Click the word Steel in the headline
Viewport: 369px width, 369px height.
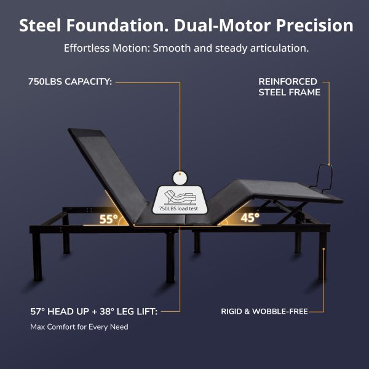tap(40, 25)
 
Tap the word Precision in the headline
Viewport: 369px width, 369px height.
tap(315, 25)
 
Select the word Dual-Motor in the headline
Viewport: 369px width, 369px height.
tap(222, 25)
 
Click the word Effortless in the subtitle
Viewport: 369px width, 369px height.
tap(87, 48)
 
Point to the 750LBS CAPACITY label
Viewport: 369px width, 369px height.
tap(70, 82)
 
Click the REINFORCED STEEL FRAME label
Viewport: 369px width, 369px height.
tap(289, 87)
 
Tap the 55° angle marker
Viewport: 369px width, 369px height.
tap(108, 219)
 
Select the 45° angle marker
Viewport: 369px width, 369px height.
tap(250, 218)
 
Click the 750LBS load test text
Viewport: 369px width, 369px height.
tap(178, 208)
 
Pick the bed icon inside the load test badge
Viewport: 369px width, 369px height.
tap(180, 197)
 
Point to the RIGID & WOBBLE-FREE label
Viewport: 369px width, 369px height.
tap(264, 311)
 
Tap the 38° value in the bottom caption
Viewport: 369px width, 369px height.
tap(107, 311)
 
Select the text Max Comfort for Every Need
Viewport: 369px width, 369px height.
tap(79, 327)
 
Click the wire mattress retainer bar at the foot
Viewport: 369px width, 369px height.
tap(324, 177)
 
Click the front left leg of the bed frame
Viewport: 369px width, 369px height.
tap(38, 256)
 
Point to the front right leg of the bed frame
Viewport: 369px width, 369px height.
tap(323, 255)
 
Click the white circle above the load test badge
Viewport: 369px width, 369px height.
tap(180, 178)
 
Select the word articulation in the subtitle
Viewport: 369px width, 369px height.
tap(279, 48)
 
